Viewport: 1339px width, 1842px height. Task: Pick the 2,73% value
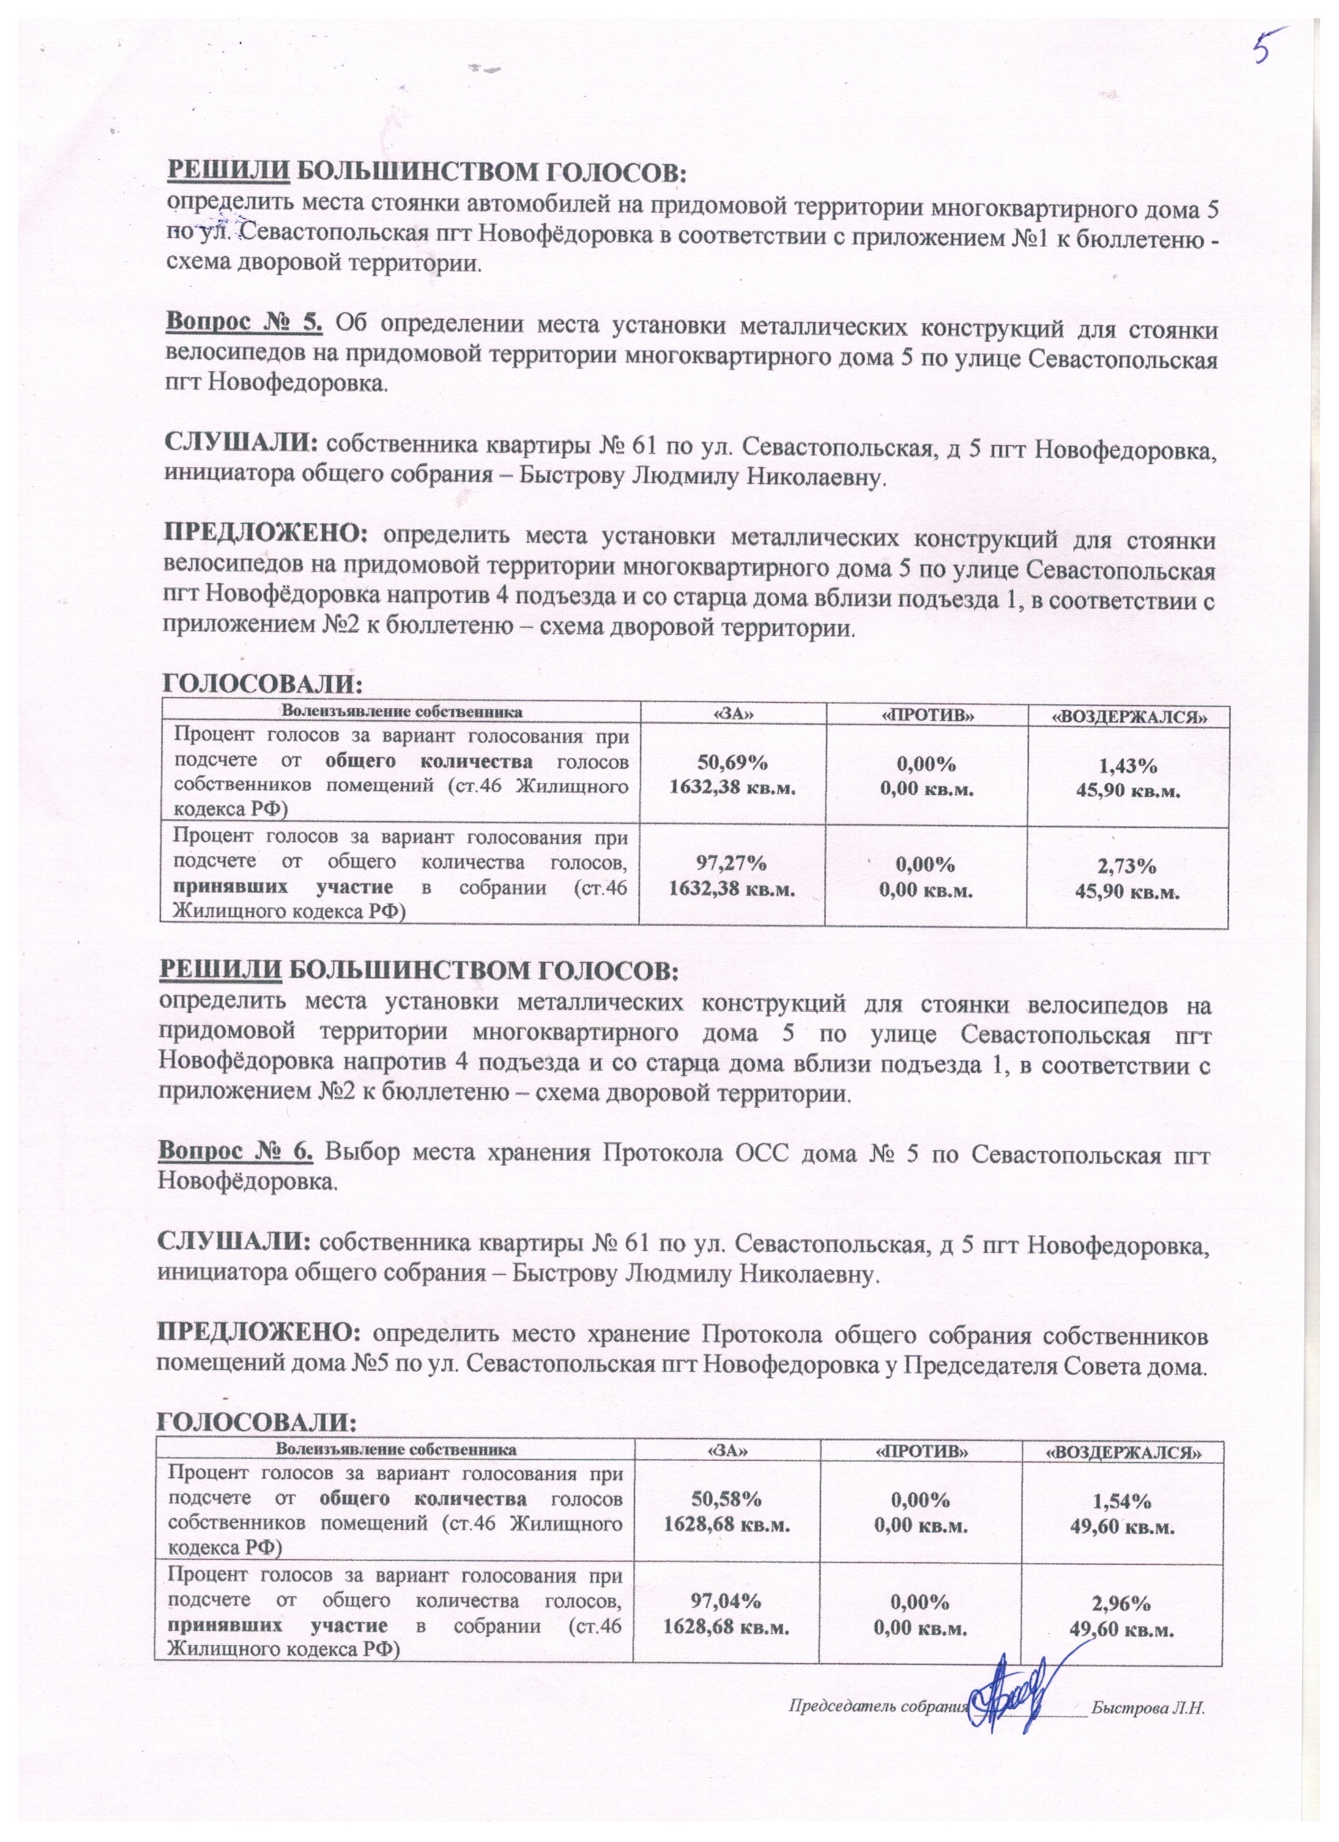tap(1128, 866)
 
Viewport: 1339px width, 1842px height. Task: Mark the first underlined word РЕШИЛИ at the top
tap(227, 173)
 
